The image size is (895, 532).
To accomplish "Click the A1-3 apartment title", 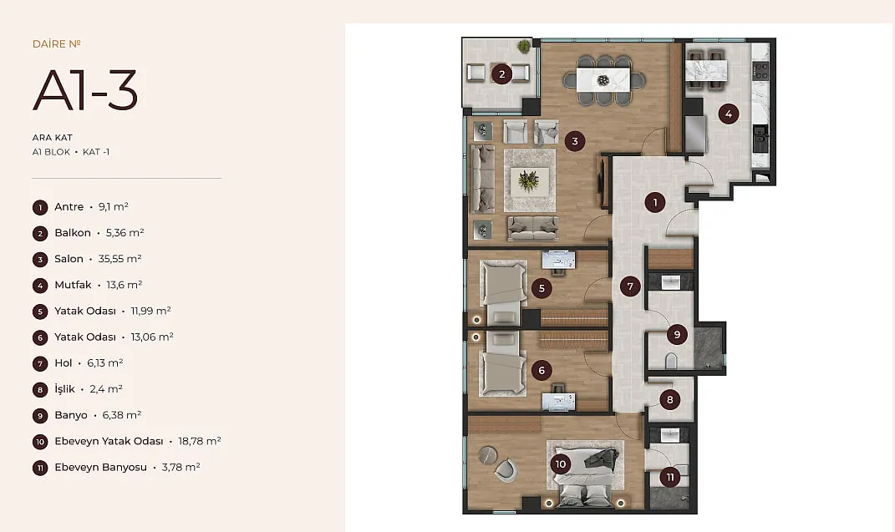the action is coord(85,90).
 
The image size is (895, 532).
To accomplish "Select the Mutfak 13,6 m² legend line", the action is coord(98,285).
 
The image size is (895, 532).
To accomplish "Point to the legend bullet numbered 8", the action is coord(40,390).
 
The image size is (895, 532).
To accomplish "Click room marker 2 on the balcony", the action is coord(501,74).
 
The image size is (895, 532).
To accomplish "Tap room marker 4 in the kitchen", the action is coord(729,114).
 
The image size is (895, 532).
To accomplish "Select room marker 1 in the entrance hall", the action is coord(655,202).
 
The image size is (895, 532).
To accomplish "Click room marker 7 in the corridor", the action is coord(630,286).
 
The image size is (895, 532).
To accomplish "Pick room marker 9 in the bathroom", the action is coord(677,335).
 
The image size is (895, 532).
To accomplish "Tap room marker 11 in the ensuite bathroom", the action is coord(670,477).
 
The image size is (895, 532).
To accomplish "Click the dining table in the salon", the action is coord(603,80).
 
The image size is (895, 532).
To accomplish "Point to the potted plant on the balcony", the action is coord(524,46).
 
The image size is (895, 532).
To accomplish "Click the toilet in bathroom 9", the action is coord(671,361).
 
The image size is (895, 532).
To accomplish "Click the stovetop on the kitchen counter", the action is coord(761,71).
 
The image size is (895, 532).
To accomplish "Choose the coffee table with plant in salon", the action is coord(529,181).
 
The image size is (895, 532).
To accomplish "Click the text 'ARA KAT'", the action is coord(53,138).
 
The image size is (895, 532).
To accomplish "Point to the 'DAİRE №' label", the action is coord(57,44).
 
